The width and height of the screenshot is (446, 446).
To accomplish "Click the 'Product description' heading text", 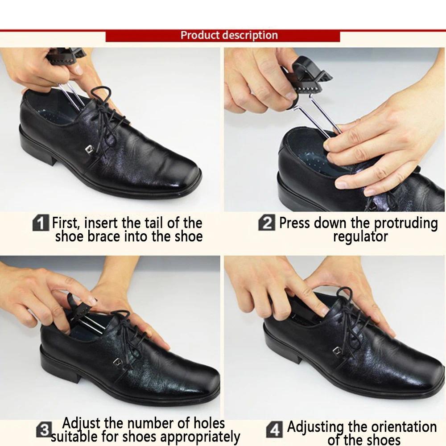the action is (229, 35).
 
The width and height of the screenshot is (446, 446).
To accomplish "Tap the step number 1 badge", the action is (41, 223).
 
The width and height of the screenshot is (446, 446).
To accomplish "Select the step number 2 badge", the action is (267, 223).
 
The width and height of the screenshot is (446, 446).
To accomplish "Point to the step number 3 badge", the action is (44, 429).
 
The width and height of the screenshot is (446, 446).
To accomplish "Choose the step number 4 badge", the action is (274, 429).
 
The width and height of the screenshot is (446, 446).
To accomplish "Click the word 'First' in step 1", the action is (65, 223).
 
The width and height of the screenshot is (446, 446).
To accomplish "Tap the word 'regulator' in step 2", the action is (360, 237).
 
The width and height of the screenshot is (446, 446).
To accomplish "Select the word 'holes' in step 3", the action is (209, 423).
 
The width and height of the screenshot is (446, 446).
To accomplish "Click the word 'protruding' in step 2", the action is (405, 223).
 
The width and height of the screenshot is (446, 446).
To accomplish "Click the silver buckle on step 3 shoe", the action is (118, 362).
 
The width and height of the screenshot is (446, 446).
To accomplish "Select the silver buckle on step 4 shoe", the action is (337, 351).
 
